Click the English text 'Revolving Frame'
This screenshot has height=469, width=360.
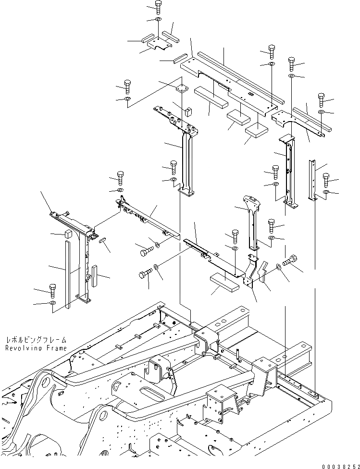pos(36,348)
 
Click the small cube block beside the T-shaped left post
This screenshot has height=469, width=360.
pos(67,234)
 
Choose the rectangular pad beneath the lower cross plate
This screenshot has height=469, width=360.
pos(224,281)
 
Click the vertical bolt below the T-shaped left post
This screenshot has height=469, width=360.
pos(52,289)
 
